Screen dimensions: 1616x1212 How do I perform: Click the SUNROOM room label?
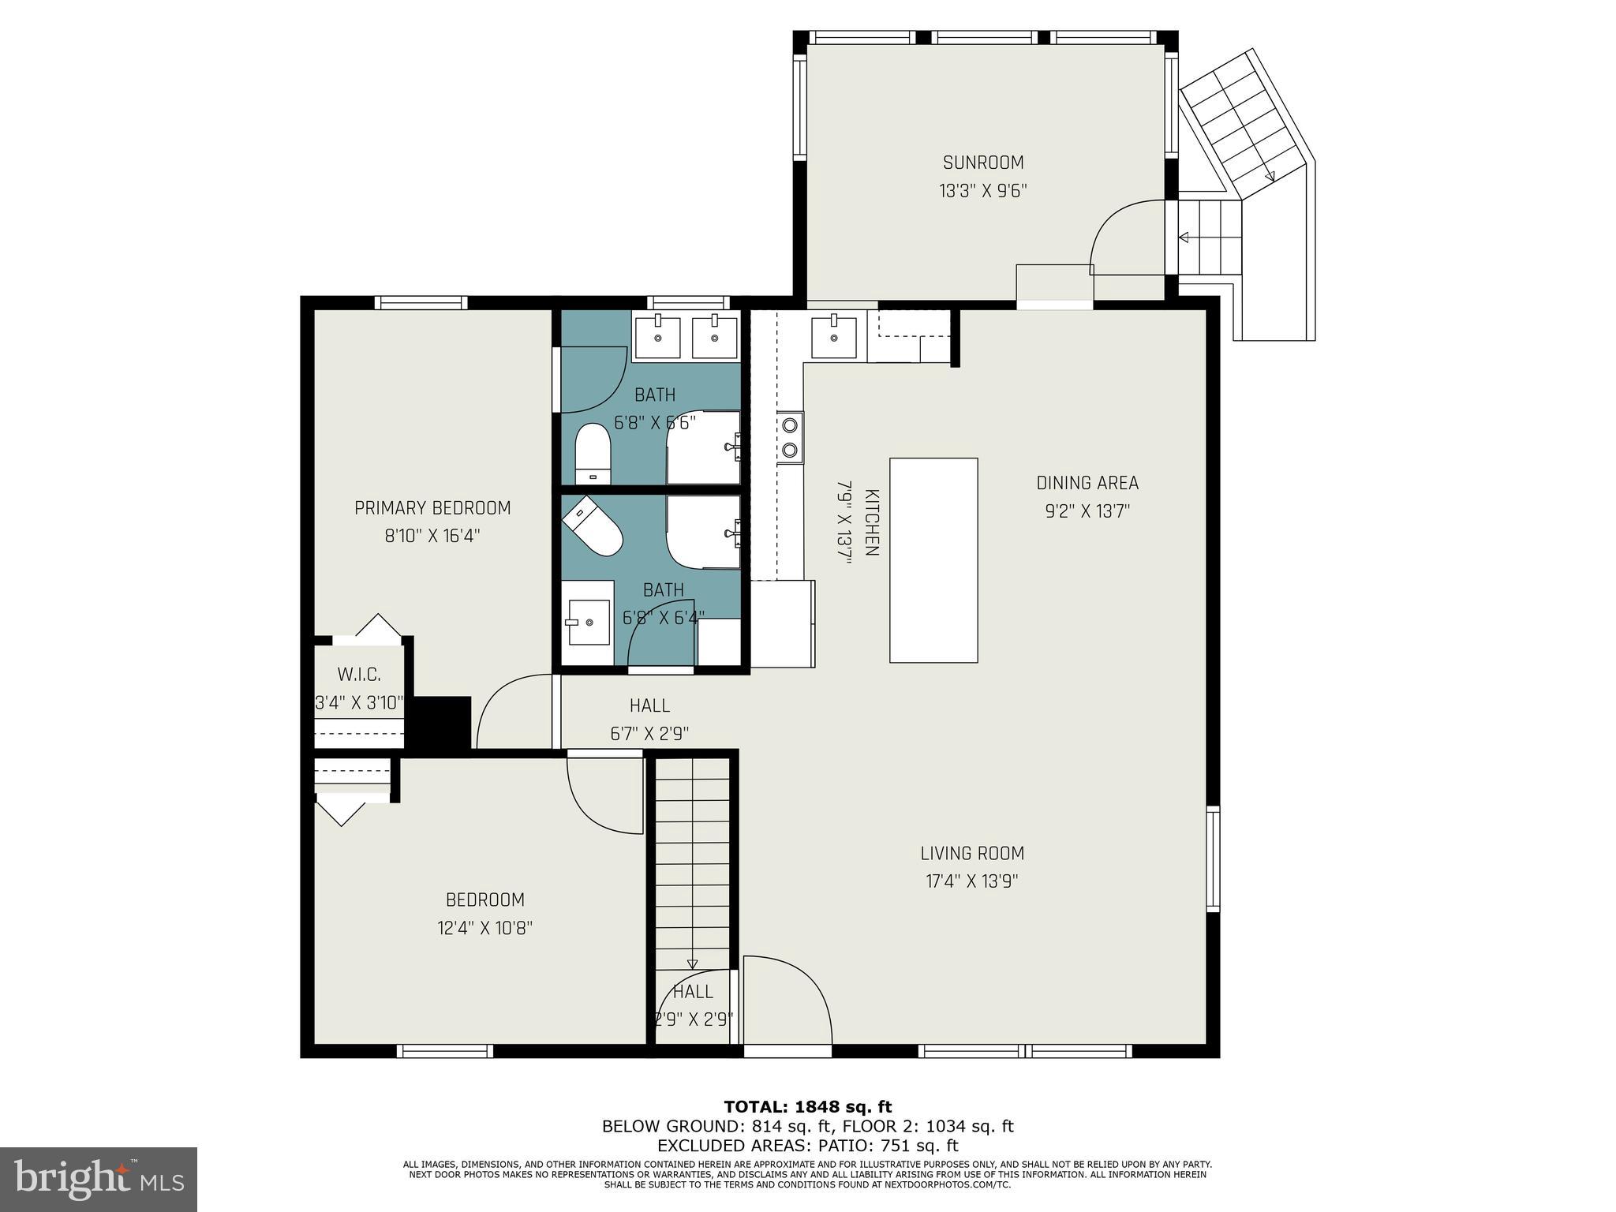(x=983, y=163)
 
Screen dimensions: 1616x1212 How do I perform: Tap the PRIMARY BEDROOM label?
(x=432, y=508)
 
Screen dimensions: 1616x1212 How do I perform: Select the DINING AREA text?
(x=1087, y=483)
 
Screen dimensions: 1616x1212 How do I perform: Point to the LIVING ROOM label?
(x=972, y=853)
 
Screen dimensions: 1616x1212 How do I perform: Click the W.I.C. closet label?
(x=359, y=675)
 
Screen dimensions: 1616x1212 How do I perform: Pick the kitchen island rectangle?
(x=933, y=560)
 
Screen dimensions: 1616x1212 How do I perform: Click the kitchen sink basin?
(x=833, y=338)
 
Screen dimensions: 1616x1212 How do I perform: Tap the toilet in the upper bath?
(x=593, y=454)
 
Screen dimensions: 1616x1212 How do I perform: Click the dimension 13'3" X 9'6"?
(x=983, y=191)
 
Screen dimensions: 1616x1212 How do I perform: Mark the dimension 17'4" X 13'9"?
(x=972, y=881)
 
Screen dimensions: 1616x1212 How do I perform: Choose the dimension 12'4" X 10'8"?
(x=485, y=928)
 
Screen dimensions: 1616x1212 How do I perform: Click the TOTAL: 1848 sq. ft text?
(x=808, y=1107)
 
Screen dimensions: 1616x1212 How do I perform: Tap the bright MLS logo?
(x=99, y=1180)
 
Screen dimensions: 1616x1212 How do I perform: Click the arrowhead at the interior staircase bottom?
(x=692, y=963)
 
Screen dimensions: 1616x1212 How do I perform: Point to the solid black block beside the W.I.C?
(x=442, y=722)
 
